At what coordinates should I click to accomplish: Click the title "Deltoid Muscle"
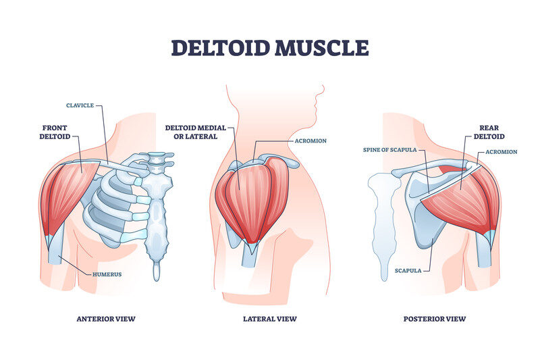pyautogui.click(x=270, y=48)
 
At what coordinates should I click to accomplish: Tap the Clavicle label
pyautogui.click(x=80, y=105)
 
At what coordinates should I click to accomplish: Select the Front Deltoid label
pyautogui.click(x=55, y=132)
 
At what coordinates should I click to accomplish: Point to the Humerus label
pyautogui.click(x=107, y=275)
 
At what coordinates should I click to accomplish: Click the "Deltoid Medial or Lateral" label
pyautogui.click(x=196, y=132)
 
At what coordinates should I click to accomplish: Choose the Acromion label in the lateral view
pyautogui.click(x=310, y=141)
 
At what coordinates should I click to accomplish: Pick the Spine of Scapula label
pyautogui.click(x=390, y=150)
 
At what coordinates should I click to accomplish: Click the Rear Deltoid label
pyautogui.click(x=489, y=132)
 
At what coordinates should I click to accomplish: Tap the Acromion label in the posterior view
pyautogui.click(x=502, y=152)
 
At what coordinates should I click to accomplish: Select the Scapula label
pyautogui.click(x=408, y=271)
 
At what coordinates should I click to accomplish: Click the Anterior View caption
pyautogui.click(x=106, y=319)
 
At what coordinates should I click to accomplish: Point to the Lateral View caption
pyautogui.click(x=270, y=319)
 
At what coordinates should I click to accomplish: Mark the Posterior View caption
pyautogui.click(x=435, y=319)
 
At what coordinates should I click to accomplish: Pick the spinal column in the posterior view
pyautogui.click(x=383, y=224)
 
